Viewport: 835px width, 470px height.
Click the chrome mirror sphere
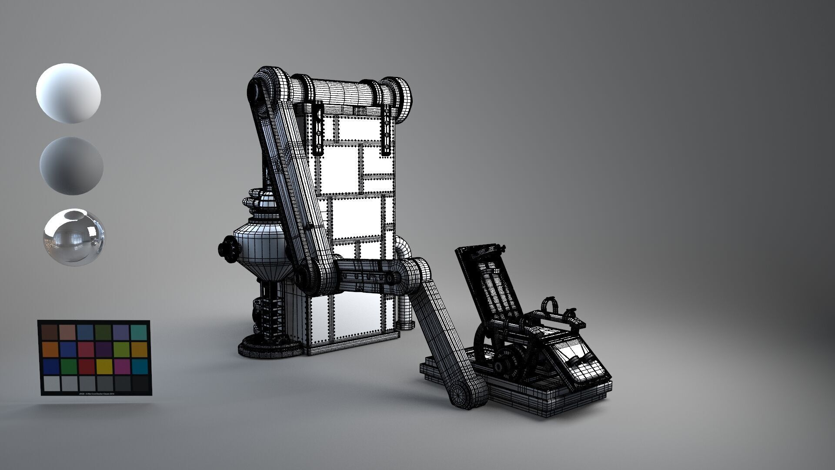[74, 238]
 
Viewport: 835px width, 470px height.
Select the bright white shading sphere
[68, 93]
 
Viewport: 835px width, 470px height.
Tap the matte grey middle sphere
[71, 165]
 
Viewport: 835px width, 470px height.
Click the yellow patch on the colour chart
[104, 366]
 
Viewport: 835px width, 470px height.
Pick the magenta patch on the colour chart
[122, 366]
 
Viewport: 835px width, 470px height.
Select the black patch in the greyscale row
[140, 383]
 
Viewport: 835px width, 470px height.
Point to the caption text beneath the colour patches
[95, 393]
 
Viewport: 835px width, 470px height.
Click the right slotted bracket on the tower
[387, 129]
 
